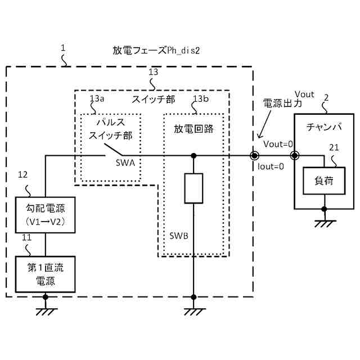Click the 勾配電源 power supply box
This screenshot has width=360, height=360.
tap(46, 215)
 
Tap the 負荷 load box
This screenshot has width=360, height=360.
tap(323, 181)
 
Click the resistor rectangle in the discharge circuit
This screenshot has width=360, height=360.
tap(193, 188)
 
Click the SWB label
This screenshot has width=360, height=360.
tap(178, 235)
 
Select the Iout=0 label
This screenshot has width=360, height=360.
tap(271, 166)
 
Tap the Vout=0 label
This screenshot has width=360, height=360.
tap(278, 144)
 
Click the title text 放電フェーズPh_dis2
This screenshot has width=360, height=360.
tap(156, 51)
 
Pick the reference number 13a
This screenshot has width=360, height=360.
tap(97, 99)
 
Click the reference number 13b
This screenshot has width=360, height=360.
tap(200, 99)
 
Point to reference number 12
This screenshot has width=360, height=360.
tap(22, 175)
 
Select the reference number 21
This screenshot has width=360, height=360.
tap(334, 148)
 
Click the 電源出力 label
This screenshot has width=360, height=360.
tap(282, 104)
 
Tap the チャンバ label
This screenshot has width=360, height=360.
tap(324, 127)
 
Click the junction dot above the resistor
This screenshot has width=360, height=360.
tap(193, 155)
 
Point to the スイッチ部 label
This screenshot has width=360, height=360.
tap(153, 100)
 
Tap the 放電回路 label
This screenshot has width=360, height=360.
tap(193, 128)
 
